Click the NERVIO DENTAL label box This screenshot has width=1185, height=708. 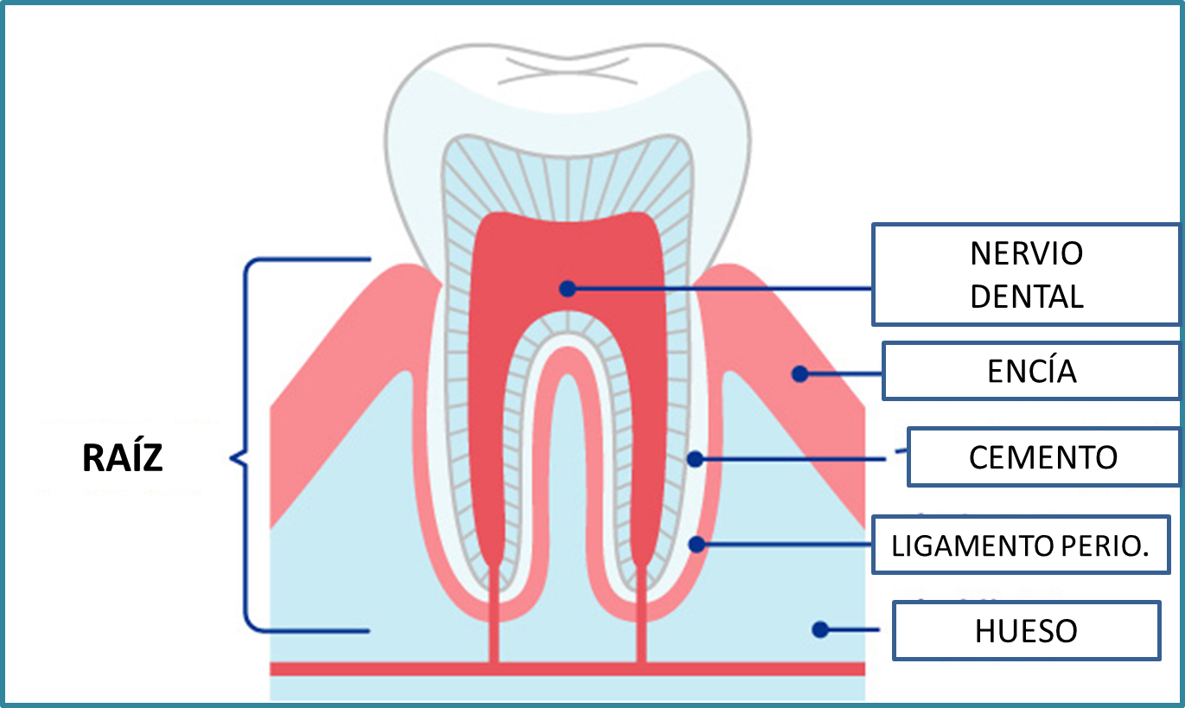pos(1026,275)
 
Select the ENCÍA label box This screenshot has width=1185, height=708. pos(1032,371)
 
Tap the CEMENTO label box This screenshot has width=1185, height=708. pos(1043,456)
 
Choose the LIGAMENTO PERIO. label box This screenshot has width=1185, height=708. pos(1020,545)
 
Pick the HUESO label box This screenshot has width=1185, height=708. pos(1026,631)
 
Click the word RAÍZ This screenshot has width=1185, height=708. pos(123,459)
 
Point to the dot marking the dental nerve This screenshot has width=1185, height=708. pos(567,288)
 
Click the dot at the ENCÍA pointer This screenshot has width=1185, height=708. pos(800,373)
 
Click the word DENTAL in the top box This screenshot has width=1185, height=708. pos(1026,297)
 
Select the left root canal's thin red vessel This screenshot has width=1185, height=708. pos(494,614)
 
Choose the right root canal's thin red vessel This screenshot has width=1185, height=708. pos(641,614)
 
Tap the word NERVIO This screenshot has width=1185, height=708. pos(1026,254)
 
